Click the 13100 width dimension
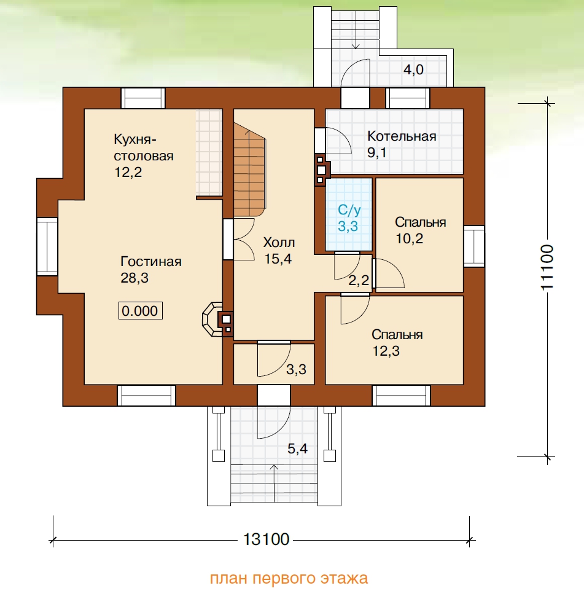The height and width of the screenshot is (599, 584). tap(267, 539)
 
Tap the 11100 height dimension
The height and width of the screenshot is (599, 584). tap(547, 267)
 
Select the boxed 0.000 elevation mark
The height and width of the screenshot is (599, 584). tap(140, 311)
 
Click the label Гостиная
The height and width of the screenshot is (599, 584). tap(151, 262)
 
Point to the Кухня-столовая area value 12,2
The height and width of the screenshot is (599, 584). tap(128, 172)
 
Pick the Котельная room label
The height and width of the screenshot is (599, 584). tap(402, 136)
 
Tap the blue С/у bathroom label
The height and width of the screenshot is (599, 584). tap(349, 209)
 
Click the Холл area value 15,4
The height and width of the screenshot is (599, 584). tap(278, 259)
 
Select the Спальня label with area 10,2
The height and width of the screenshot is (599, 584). tap(421, 222)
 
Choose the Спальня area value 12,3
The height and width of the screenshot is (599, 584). tap(386, 351)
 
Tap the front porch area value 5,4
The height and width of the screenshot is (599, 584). tap(298, 448)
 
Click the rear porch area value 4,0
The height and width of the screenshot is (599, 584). tap(414, 69)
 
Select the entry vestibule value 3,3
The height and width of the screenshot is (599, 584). tap(296, 369)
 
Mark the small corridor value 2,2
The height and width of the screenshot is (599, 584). tap(359, 280)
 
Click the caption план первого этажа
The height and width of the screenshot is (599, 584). tap(289, 578)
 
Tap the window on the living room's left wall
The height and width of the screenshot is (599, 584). tap(47, 246)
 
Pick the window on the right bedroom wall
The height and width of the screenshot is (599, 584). tap(474, 246)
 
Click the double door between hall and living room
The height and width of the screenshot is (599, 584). tap(239, 240)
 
